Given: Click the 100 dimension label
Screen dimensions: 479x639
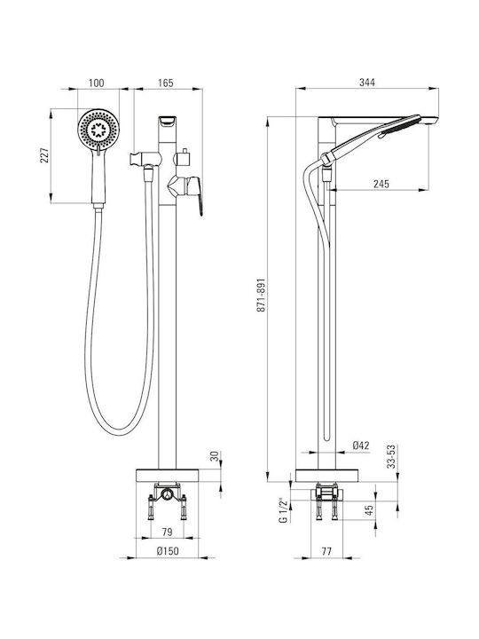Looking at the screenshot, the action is pos(96,83).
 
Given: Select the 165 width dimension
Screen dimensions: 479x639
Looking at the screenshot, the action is pos(166,83).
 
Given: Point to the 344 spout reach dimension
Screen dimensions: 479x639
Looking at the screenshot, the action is pos(367,82).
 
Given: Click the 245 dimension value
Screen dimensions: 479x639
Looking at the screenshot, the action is pos(381,184).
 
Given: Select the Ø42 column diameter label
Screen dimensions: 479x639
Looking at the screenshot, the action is pos(361,446).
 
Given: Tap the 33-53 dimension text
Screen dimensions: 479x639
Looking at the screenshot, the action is pos(391,456).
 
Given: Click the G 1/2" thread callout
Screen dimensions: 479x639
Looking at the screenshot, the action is pos(284,509).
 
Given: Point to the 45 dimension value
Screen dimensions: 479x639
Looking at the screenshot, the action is pos(369,510).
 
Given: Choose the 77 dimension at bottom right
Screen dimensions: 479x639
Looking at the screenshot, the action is pos(326,551).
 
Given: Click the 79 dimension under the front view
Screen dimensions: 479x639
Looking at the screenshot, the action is pos(167,532).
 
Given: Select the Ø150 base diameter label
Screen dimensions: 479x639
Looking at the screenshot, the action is pos(168,551).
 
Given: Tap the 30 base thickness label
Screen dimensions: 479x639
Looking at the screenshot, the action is pos(215,456).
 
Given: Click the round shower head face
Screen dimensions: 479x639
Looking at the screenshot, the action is pos(98,130).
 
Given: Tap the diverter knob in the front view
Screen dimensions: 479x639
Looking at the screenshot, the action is pos(184,156).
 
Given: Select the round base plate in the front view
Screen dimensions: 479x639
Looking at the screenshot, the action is pos(167,476).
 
